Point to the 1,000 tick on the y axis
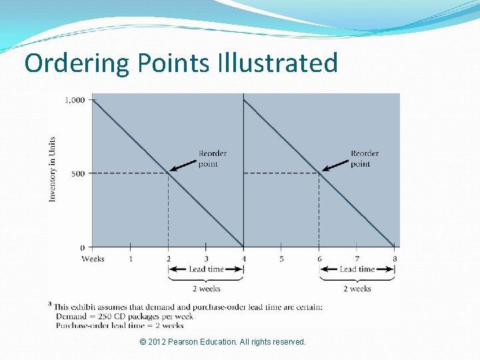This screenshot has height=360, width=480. (x=75, y=100)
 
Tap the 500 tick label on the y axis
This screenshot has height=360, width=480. (x=78, y=173)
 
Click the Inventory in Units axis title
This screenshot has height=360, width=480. (x=53, y=169)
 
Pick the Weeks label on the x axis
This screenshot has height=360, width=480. (x=93, y=259)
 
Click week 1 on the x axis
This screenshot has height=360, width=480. (x=131, y=259)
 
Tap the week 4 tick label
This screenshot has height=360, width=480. (x=244, y=259)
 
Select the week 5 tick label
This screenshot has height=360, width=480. (x=281, y=259)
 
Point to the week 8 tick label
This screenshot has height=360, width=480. (x=395, y=259)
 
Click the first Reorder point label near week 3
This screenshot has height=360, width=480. (x=212, y=159)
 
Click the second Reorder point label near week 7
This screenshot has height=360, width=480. (x=364, y=159)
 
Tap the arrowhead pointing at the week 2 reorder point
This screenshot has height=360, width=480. (x=171, y=171)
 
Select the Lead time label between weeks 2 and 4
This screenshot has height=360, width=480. (x=206, y=269)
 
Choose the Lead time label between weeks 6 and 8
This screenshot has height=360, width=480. (x=357, y=269)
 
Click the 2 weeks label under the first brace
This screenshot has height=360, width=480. (x=206, y=289)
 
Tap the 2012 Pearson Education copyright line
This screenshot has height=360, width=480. (x=223, y=342)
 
